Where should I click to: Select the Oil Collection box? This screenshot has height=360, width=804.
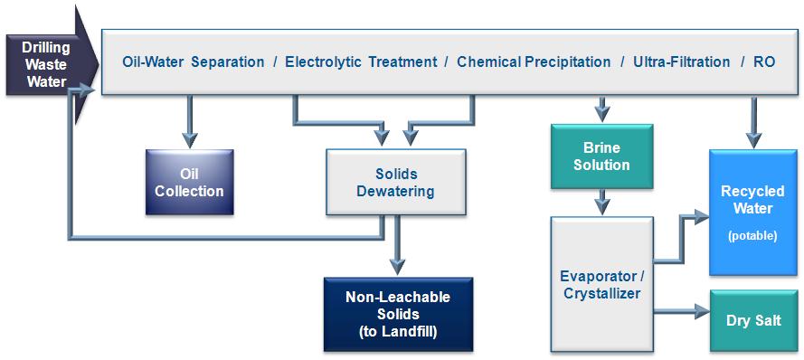[190, 182]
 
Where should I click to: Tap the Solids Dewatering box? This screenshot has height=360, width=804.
[396, 182]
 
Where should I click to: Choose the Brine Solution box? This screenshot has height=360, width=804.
[602, 156]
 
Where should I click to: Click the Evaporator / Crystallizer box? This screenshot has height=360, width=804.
[602, 284]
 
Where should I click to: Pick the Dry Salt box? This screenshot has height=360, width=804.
[753, 320]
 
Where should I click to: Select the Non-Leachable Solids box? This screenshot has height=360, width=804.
[398, 315]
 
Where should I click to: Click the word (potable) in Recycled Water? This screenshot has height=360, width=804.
[752, 236]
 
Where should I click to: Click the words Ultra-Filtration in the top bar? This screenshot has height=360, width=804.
[681, 62]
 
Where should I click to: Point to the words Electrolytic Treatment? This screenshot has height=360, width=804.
[362, 62]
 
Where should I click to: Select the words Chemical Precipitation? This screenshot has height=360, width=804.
[534, 62]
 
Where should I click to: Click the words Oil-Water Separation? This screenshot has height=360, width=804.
[194, 62]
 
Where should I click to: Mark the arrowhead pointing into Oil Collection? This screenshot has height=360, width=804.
[190, 140]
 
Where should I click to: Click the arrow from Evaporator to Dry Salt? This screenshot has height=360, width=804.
[682, 311]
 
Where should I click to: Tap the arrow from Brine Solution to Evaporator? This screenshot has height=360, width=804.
[602, 202]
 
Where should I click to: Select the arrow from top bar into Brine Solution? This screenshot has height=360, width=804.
[602, 109]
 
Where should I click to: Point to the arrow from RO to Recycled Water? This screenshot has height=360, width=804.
[752, 122]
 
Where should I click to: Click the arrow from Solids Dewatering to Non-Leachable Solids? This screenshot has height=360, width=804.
[396, 246]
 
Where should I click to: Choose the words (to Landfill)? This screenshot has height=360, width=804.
[398, 332]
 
